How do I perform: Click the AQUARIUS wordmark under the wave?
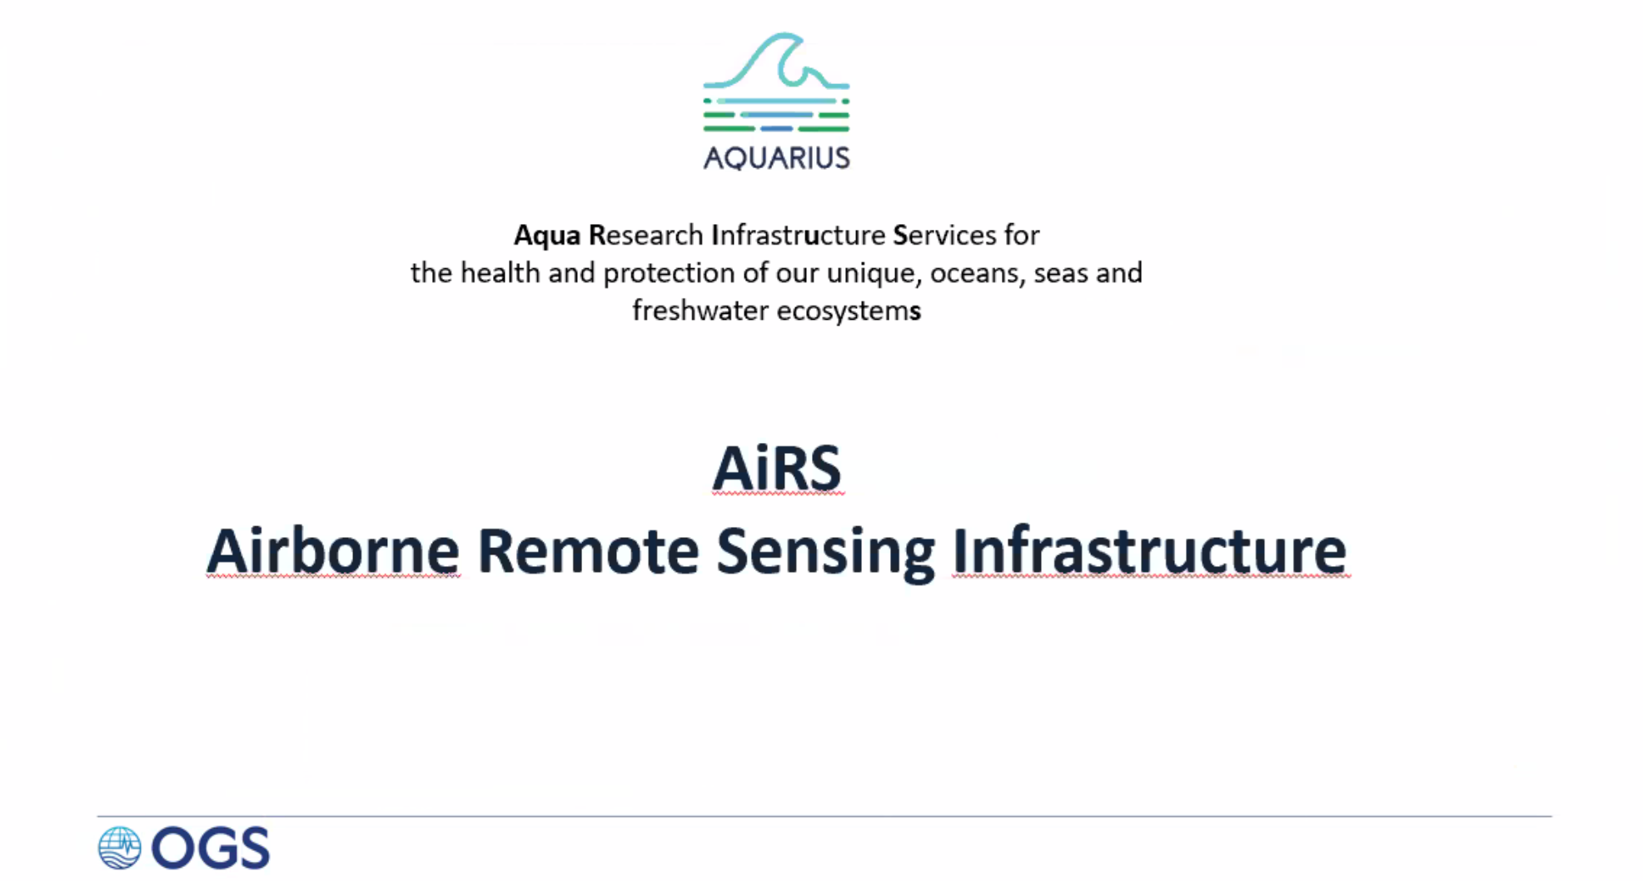pyautogui.click(x=776, y=157)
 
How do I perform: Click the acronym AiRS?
pyautogui.click(x=777, y=468)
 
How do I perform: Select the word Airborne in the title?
pyautogui.click(x=333, y=550)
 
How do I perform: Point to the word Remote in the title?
pyautogui.click(x=588, y=550)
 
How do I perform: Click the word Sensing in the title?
pyautogui.click(x=825, y=553)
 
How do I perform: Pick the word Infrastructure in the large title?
pyautogui.click(x=1150, y=550)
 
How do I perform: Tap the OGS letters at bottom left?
pyautogui.click(x=211, y=849)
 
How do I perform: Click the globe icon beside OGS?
pyautogui.click(x=120, y=848)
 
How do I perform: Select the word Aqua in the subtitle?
pyautogui.click(x=547, y=236)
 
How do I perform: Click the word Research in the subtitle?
pyautogui.click(x=646, y=235)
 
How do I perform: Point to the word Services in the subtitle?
pyautogui.click(x=944, y=235)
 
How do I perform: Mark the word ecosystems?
pyautogui.click(x=849, y=311)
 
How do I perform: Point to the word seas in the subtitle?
pyautogui.click(x=1058, y=274)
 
